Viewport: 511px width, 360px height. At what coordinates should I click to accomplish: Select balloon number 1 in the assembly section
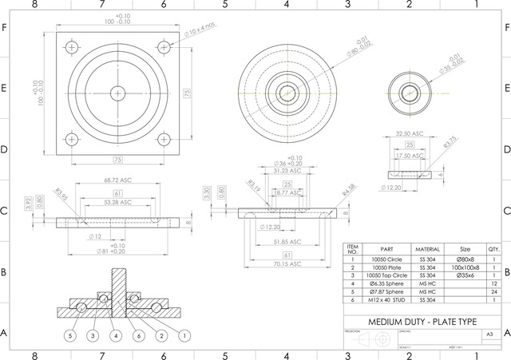tap(184, 336)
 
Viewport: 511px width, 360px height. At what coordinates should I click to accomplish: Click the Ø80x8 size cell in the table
tap(464, 260)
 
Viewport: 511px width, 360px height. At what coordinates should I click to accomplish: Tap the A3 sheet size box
tap(489, 334)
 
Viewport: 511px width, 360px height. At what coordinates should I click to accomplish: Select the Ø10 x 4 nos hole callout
tap(199, 30)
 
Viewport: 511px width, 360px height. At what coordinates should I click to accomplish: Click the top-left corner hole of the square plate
tap(73, 47)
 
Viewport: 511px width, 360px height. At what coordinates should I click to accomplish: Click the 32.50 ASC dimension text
tap(409, 134)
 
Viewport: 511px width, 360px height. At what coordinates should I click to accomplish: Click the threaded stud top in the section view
tap(118, 272)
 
